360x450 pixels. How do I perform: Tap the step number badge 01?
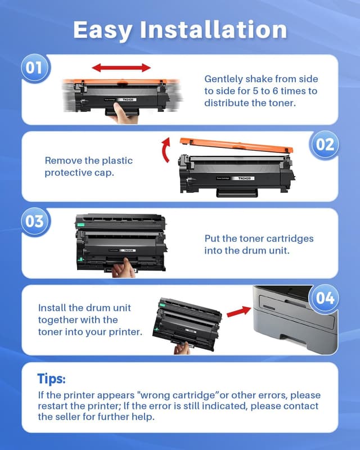(35, 69)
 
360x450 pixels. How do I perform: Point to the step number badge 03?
(35, 221)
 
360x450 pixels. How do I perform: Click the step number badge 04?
(325, 298)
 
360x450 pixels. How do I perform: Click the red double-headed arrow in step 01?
(122, 68)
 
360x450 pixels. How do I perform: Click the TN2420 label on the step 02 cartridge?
(244, 177)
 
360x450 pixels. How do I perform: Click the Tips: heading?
(52, 378)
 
